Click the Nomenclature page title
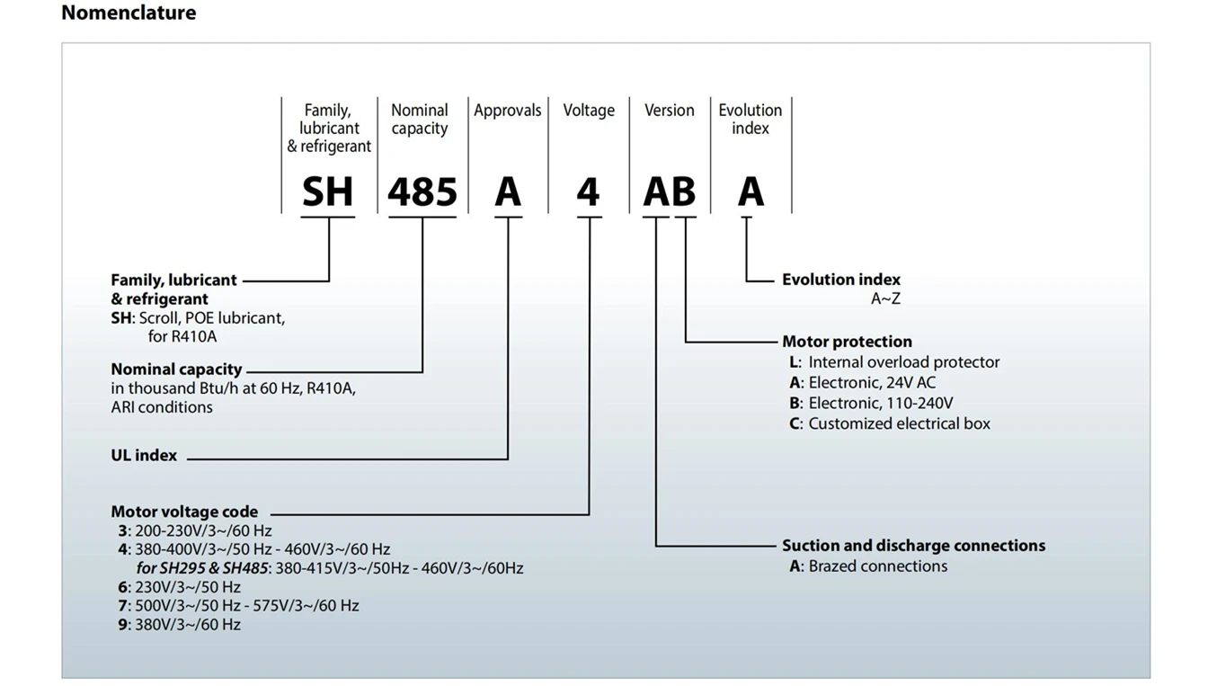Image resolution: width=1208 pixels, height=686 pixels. click(129, 13)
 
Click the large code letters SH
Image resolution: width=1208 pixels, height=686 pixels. click(327, 192)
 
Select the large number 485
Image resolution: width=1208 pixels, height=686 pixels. click(422, 192)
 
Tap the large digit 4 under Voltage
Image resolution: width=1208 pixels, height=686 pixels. click(588, 192)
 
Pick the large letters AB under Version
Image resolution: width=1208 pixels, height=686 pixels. click(670, 192)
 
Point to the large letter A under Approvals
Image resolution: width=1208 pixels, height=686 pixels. click(508, 192)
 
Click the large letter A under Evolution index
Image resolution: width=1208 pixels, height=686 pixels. click(751, 192)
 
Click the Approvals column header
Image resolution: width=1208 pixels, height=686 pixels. click(508, 111)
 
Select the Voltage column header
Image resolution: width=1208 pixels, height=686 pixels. click(589, 111)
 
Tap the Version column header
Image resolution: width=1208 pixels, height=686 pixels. click(670, 111)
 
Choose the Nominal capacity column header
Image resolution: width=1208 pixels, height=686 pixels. click(420, 120)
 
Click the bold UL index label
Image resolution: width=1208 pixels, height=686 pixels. click(144, 455)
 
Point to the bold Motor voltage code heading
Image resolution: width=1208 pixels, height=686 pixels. click(184, 512)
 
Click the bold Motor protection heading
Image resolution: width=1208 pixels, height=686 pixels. click(847, 342)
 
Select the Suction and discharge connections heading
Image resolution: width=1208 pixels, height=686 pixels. click(913, 546)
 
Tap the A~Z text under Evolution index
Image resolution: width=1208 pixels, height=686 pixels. click(885, 298)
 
